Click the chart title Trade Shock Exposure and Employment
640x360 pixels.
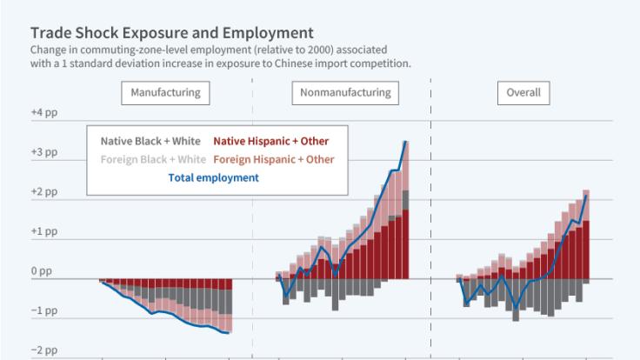(160, 34)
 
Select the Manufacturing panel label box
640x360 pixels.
(165, 92)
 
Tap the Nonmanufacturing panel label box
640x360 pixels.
(345, 92)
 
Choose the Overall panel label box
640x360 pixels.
(523, 92)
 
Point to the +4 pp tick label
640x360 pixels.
(43, 114)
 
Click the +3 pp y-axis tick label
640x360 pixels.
(43, 153)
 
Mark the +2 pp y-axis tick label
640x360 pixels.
(43, 192)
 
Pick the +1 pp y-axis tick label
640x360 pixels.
(43, 232)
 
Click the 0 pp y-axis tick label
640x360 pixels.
(41, 272)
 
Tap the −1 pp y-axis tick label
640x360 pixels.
(43, 311)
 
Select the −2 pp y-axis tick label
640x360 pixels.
(43, 350)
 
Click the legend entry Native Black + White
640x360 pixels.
(150, 141)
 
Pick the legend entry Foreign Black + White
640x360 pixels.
(150, 159)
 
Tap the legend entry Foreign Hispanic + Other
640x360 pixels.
(273, 159)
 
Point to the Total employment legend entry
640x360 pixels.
(213, 177)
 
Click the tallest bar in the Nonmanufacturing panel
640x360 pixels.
(405, 209)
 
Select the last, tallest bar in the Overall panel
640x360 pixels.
(586, 235)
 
